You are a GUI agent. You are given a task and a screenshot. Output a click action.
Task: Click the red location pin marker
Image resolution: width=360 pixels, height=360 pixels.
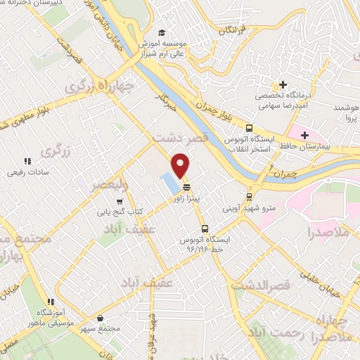pyautogui.click(x=181, y=165)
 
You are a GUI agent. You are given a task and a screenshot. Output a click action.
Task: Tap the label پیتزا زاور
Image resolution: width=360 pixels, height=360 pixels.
pyautogui.click(x=188, y=199)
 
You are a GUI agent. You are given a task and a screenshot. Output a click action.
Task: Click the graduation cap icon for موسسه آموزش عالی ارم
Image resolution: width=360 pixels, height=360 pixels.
pyautogui.click(x=162, y=33)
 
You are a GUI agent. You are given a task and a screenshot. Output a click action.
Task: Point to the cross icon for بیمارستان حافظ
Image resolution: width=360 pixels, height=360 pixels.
pyautogui.click(x=304, y=134)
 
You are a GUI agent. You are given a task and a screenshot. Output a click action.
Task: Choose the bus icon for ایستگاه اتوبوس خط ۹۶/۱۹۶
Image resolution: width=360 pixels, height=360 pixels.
pyautogui.click(x=205, y=229)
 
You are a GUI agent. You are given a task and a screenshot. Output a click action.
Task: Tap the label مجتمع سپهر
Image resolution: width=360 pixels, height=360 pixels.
pyautogui.click(x=105, y=329)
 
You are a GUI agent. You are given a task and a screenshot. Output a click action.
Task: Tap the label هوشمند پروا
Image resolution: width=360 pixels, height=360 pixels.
pyautogui.click(x=345, y=115)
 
